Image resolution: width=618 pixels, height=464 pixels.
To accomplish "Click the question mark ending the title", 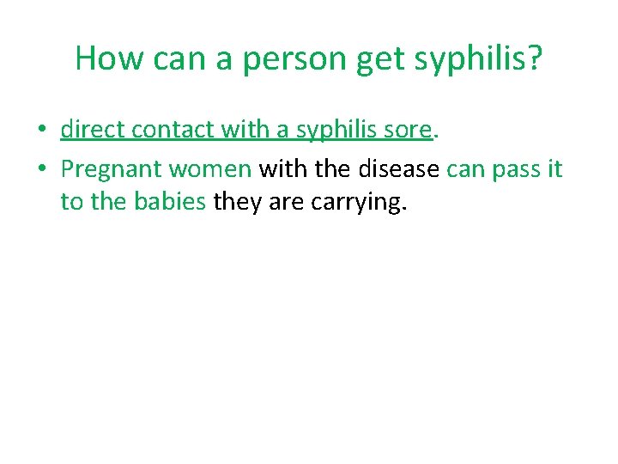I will pos(534,58).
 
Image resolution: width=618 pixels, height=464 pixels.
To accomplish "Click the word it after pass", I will pos(554,168).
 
